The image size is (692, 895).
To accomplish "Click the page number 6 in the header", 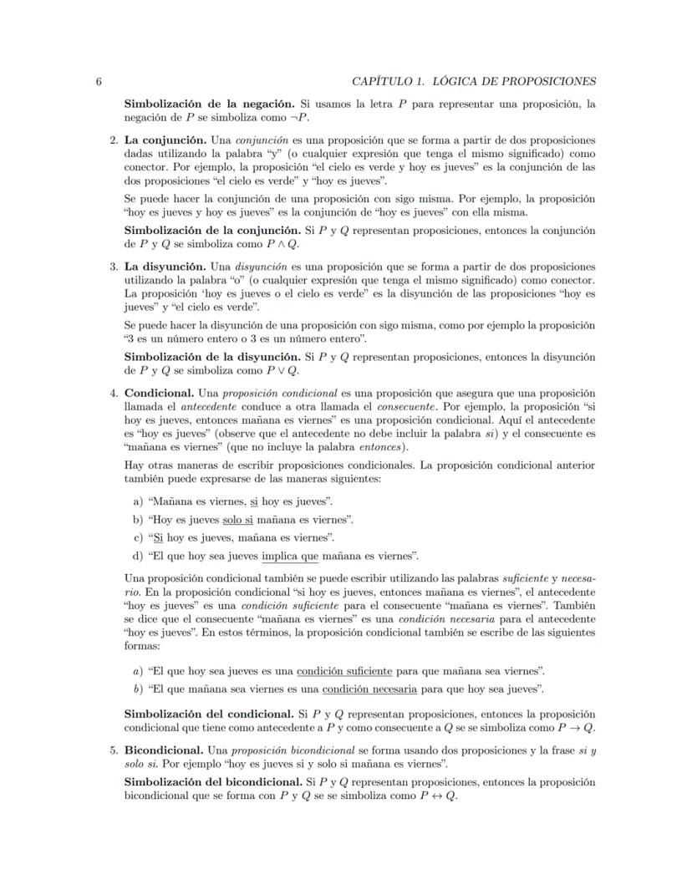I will point(99,81).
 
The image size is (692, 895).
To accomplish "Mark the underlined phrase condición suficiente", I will point(344,670).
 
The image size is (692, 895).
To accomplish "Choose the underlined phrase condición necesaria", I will point(369,689).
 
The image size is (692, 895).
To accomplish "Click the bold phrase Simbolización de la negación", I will point(209,104).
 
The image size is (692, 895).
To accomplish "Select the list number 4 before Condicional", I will point(114,393).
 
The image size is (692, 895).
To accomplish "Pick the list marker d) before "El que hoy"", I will point(138,555).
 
